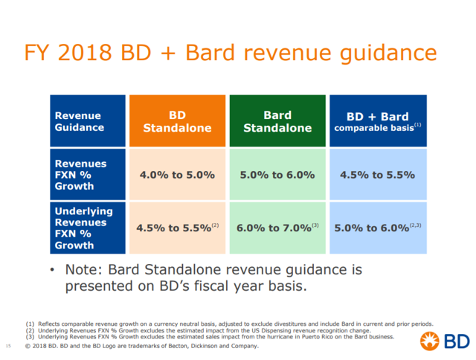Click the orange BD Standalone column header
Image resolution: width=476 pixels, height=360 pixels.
coord(177,120)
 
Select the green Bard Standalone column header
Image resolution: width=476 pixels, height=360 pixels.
coord(277,120)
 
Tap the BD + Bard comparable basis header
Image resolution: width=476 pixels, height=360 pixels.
coord(378,120)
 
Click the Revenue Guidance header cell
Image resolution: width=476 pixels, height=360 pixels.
coord(88,120)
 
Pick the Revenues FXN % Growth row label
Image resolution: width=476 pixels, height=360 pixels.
coord(88,175)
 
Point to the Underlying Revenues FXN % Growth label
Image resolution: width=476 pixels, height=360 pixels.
coord(88,228)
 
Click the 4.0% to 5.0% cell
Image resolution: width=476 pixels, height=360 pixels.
coord(177,175)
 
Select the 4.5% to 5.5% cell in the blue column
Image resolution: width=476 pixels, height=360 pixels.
coord(378,175)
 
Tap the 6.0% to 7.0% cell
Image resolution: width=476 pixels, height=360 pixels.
coord(277,228)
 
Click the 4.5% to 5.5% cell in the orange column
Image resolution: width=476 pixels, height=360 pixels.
coord(177,228)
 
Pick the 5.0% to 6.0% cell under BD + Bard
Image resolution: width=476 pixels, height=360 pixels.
coord(378,228)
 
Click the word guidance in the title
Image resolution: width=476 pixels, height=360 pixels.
coord(388,54)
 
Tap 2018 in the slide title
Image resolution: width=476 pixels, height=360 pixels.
coord(85,53)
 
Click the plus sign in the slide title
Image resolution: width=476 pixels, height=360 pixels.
coord(168,54)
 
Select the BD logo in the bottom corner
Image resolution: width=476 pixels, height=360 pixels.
coord(445,341)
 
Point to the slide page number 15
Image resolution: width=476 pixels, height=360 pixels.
coord(8,346)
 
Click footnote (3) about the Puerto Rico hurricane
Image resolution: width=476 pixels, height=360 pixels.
coord(210,337)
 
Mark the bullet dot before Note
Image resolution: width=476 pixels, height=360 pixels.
coord(53,269)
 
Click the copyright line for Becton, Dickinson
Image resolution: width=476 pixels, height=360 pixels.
coord(142,346)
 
